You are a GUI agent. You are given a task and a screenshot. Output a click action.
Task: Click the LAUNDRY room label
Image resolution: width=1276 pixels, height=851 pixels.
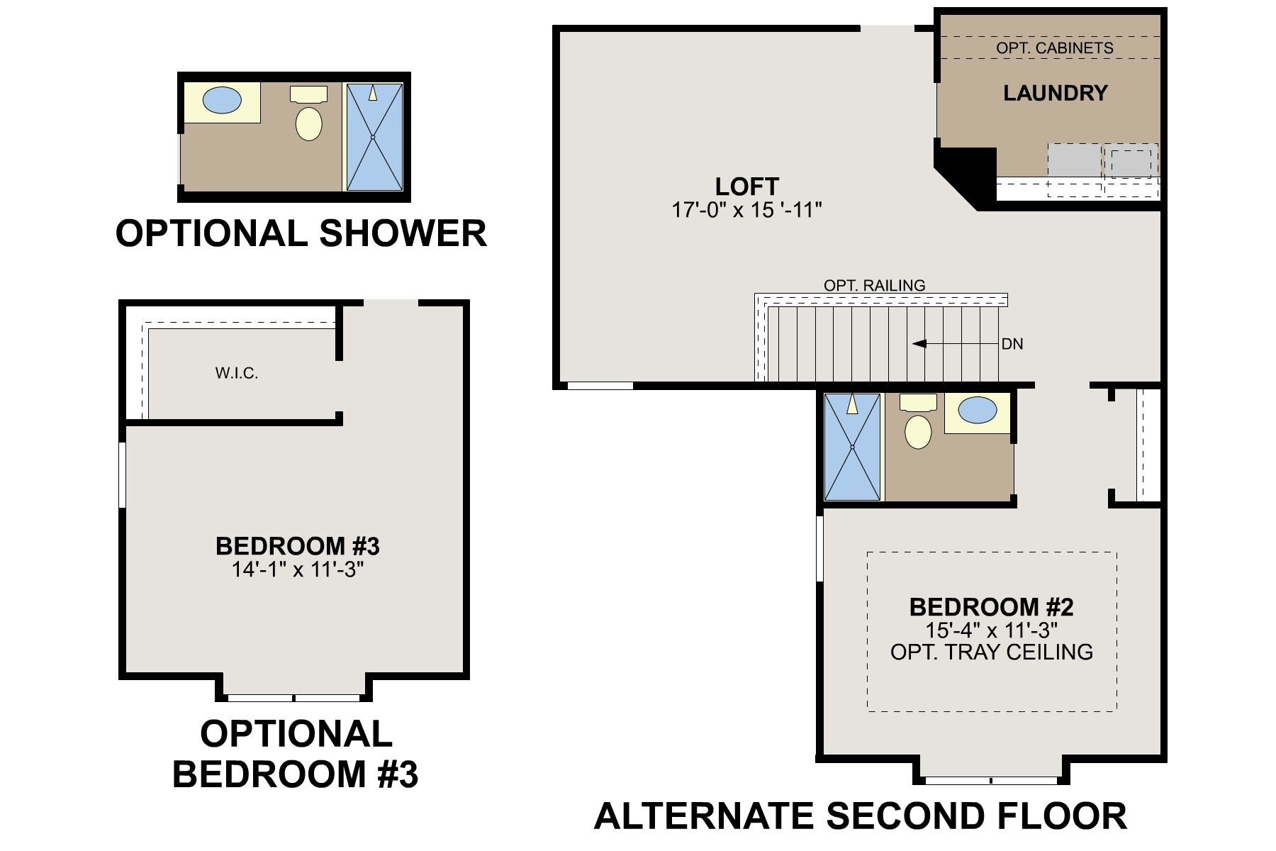tap(1055, 93)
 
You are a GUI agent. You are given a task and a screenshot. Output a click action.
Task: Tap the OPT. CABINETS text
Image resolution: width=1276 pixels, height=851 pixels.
tap(1055, 48)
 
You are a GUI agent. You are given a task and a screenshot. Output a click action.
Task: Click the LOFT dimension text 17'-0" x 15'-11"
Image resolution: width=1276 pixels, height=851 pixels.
tap(746, 210)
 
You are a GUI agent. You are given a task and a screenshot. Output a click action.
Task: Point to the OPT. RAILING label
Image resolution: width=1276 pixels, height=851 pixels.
tap(875, 285)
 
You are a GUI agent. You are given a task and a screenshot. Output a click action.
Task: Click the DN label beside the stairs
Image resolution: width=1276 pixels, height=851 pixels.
tap(1012, 344)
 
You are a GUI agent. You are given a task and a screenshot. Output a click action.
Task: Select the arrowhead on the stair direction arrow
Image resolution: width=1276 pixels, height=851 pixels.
tap(919, 344)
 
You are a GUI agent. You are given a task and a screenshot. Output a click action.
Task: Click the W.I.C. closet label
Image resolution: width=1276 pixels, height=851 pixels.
tap(237, 373)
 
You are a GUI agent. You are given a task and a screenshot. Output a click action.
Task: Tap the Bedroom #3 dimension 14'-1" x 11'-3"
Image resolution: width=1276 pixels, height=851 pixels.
tap(298, 569)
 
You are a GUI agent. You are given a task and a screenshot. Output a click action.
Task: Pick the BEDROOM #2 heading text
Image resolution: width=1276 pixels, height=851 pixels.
tap(991, 607)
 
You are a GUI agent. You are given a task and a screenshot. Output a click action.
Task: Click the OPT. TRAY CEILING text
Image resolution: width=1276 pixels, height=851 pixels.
tap(991, 652)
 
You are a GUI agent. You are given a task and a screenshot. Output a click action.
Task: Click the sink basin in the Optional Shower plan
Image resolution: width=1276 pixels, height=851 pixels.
tap(222, 100)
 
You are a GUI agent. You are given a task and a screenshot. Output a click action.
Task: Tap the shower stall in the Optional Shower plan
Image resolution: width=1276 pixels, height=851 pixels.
tap(374, 137)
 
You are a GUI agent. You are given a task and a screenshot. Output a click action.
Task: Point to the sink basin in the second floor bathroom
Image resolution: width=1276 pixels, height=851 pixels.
tap(977, 410)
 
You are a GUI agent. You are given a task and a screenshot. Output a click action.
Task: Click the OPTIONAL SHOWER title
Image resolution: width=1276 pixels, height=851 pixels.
tap(301, 233)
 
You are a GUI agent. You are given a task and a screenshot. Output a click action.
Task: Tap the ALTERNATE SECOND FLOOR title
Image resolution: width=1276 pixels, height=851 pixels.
tap(860, 816)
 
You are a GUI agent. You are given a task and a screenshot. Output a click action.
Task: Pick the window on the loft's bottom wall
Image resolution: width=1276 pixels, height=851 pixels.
tap(600, 386)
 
